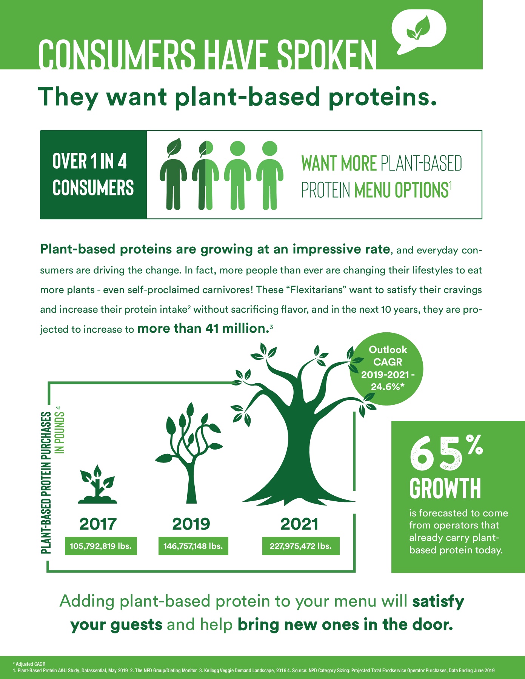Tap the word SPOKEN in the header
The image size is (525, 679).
[x=326, y=55]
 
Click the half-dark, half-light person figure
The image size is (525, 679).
[x=205, y=175]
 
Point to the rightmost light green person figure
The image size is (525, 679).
[x=270, y=175]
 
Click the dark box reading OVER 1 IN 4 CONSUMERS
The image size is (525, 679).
[x=93, y=175]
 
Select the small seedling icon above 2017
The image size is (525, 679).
[x=98, y=485]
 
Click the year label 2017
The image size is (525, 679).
[x=98, y=524]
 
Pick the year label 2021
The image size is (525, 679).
[x=300, y=524]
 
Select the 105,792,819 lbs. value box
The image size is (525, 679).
[x=101, y=546]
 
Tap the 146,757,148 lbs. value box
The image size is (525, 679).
[x=193, y=546]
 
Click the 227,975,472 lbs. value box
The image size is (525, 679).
[x=301, y=546]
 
